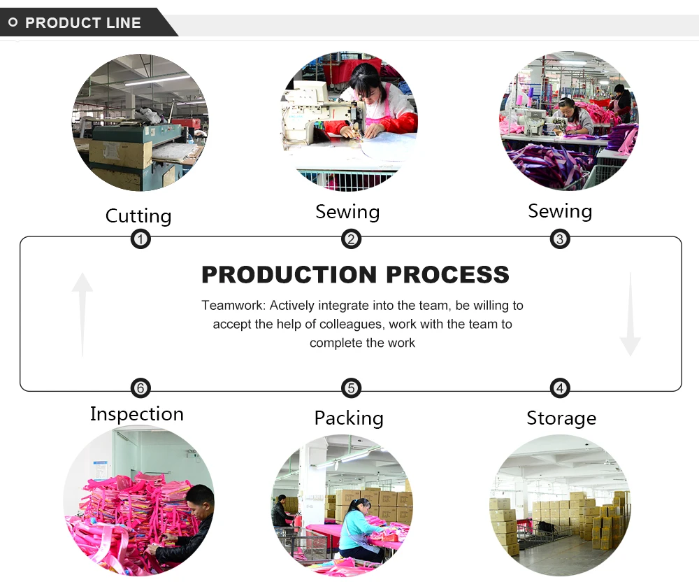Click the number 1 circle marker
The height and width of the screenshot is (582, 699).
tap(140, 240)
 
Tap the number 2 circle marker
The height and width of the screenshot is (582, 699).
tap(351, 240)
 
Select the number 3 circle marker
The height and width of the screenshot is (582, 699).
tap(559, 240)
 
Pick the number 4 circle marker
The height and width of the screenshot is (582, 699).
tap(559, 388)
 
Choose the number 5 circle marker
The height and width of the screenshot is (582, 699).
tap(351, 388)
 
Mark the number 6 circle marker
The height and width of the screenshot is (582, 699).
tap(140, 388)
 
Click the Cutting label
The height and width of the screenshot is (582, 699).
tap(138, 215)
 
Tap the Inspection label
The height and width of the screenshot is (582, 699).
tap(137, 414)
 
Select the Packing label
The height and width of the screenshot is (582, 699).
tap(349, 418)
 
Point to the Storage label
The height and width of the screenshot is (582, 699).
tap(561, 418)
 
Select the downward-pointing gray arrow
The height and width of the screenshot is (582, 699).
tap(630, 314)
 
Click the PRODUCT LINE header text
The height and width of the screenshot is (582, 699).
tap(83, 23)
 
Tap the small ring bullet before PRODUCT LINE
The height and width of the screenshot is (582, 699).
tap(13, 23)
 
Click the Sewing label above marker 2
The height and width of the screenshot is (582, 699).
tap(347, 212)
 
